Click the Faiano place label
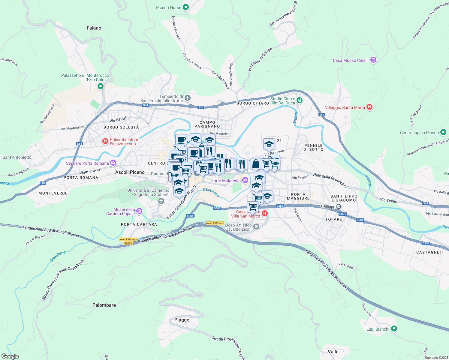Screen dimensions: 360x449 94,28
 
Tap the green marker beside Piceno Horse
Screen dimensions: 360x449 186,7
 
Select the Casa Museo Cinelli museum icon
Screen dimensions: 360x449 373,60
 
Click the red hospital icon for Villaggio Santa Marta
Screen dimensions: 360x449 369,107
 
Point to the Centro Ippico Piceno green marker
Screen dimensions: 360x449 443,132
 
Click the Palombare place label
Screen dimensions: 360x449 104,305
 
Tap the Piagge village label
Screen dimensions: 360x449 182,320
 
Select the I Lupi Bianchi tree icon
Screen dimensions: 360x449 394,329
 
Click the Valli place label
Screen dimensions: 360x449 333,351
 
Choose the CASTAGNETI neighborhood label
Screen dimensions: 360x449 430,252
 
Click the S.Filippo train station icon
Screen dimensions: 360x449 339,207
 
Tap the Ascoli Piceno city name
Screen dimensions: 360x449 130,172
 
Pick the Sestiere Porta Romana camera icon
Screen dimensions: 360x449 113,163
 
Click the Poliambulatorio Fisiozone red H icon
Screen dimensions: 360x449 105,141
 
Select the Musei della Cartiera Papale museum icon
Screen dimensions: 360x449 139,211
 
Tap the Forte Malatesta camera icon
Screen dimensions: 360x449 245,180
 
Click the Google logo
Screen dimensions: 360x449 10,356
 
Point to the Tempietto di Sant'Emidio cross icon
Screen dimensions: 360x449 188,98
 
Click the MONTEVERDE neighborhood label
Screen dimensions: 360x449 53,193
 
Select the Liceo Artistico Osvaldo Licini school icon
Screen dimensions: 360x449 256,227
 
